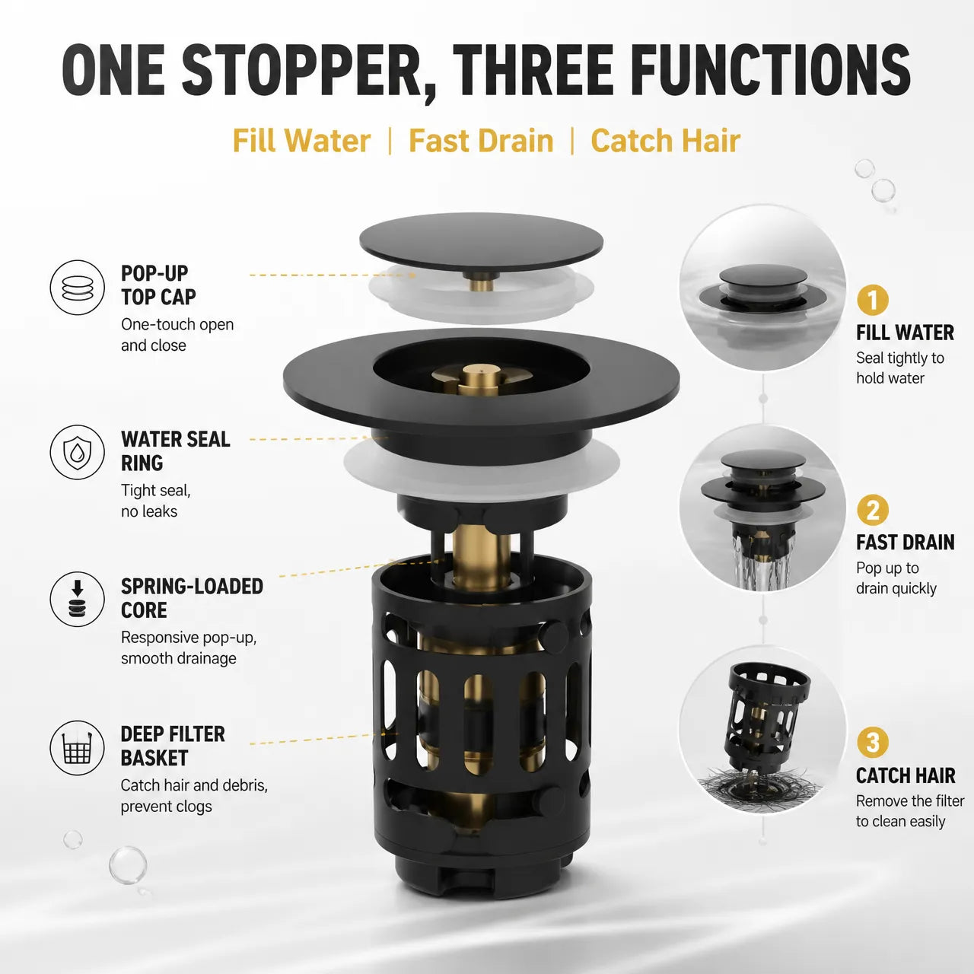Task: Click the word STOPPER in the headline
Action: (301, 71)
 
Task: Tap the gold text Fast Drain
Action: (481, 141)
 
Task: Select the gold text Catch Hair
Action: (665, 141)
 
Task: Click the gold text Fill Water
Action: (302, 141)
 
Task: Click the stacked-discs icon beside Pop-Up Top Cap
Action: (78, 288)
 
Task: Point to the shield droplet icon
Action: (78, 452)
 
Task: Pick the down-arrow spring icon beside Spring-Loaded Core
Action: (78, 599)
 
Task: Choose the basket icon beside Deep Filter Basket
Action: (78, 748)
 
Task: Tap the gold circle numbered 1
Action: (872, 301)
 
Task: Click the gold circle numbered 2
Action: (872, 510)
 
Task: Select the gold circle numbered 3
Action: (872, 743)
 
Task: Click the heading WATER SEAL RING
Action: (175, 451)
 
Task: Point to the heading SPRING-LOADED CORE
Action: (192, 598)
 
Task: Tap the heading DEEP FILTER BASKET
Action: (173, 746)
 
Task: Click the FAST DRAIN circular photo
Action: (762, 508)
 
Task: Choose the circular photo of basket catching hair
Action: (762, 730)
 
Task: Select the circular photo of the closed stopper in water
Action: (762, 288)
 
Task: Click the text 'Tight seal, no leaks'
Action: (156, 501)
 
